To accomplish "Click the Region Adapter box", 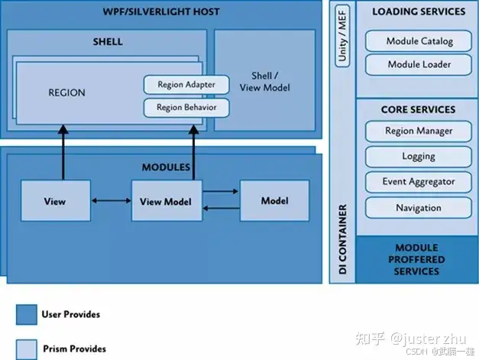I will pyautogui.click(x=186, y=85).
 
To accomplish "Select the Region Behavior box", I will pyautogui.click(x=186, y=108).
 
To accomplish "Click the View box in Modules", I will pyautogui.click(x=55, y=202).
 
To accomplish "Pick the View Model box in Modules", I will pyautogui.click(x=165, y=202).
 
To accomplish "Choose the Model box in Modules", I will pyautogui.click(x=274, y=201).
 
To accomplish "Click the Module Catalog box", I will pyautogui.click(x=419, y=41).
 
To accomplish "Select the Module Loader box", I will pyautogui.click(x=419, y=64).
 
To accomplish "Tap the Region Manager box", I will pyautogui.click(x=419, y=131).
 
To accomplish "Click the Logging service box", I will pyautogui.click(x=419, y=157).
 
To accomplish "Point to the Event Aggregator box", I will pyautogui.click(x=419, y=182).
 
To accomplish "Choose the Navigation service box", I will pyautogui.click(x=419, y=208).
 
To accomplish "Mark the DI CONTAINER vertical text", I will pyautogui.click(x=343, y=240).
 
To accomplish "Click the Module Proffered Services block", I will pyautogui.click(x=417, y=260).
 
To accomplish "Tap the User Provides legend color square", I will pyautogui.click(x=27, y=315).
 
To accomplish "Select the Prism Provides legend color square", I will pyautogui.click(x=27, y=349).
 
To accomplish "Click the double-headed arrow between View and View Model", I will pyautogui.click(x=109, y=202).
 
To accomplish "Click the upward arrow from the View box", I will pyautogui.click(x=55, y=153).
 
